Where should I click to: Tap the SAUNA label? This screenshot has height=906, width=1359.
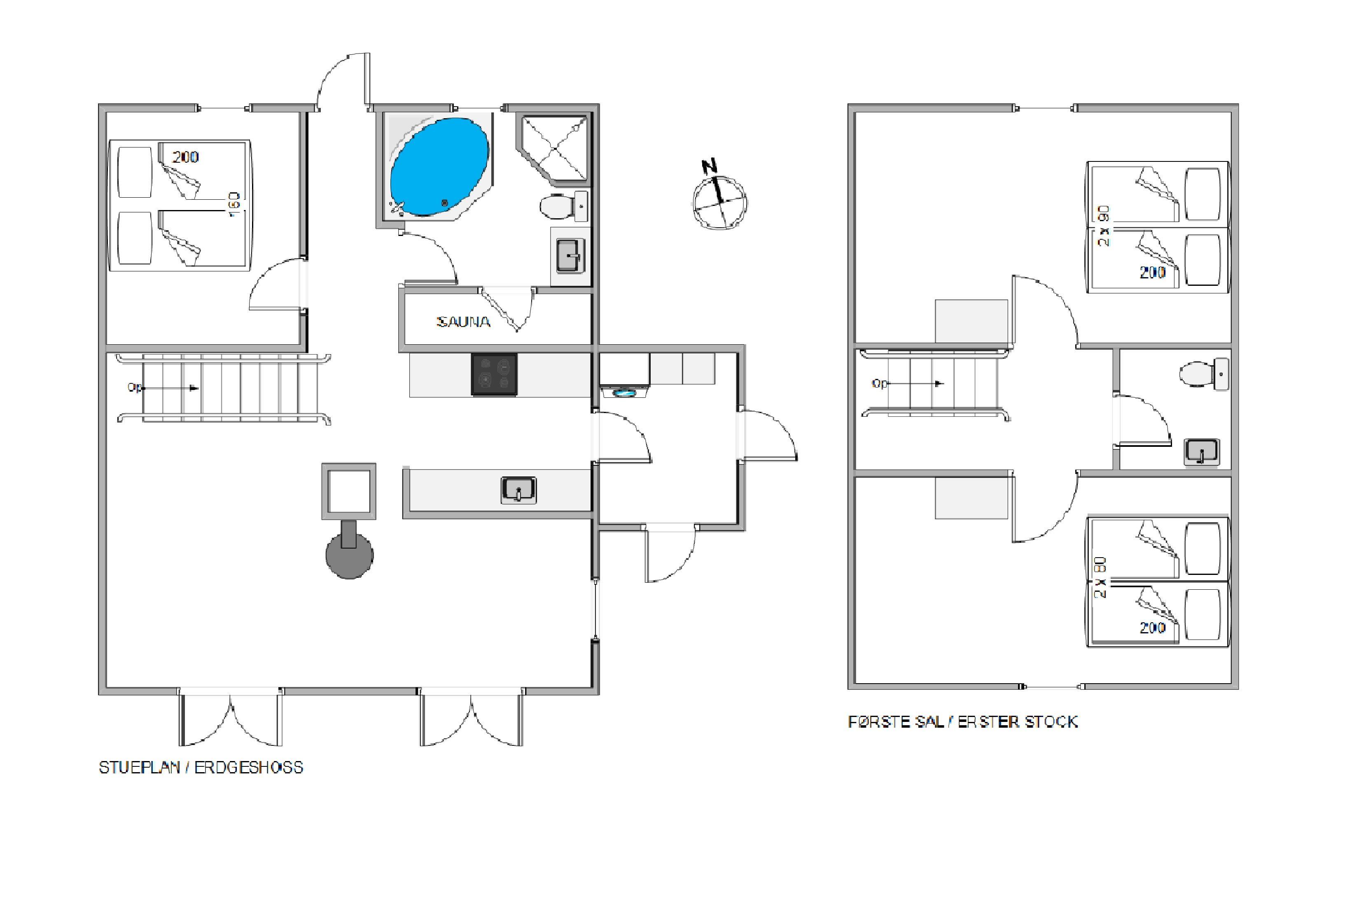(463, 322)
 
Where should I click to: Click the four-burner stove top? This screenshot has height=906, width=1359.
(494, 374)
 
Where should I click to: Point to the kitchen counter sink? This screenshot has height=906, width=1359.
(518, 490)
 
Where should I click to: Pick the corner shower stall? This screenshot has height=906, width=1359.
(554, 149)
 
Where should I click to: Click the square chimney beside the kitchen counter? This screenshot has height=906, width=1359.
(349, 491)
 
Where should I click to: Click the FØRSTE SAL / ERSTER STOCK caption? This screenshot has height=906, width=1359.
(963, 722)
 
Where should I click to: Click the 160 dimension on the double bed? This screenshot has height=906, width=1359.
(234, 205)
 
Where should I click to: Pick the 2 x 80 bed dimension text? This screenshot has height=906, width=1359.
(1101, 577)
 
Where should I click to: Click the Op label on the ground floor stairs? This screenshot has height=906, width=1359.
(135, 388)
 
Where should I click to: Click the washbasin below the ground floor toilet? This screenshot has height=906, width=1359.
(570, 256)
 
